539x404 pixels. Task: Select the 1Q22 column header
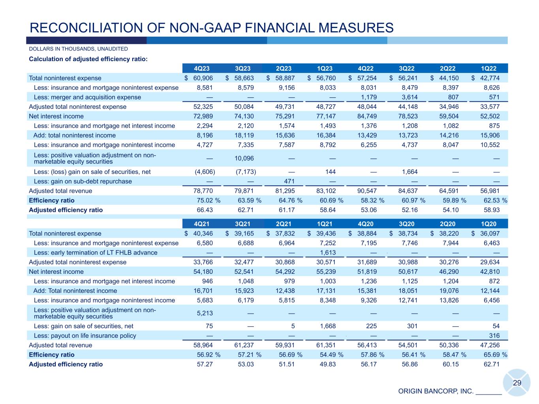[490, 69]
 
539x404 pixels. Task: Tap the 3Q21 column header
[244, 224]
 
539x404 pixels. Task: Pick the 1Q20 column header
[490, 224]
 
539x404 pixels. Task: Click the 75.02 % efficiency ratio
[208, 200]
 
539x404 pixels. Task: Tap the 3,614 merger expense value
[408, 97]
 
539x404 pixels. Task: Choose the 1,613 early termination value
[328, 252]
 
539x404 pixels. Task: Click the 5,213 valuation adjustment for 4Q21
[204, 313]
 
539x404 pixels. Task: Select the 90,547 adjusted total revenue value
[367, 191]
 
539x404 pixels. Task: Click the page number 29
[517, 383]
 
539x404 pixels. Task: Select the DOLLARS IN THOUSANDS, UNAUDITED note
[79, 49]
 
